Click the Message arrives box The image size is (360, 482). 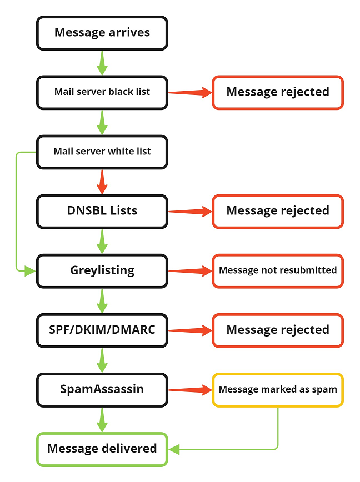click(102, 32)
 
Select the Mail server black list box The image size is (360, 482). click(102, 92)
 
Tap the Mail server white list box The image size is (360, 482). click(102, 151)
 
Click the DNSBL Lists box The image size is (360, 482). click(102, 210)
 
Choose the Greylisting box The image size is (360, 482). click(102, 270)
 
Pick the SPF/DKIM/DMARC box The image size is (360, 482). click(102, 330)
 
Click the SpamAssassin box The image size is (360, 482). click(102, 389)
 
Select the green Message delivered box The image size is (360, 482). click(102, 449)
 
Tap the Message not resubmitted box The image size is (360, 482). click(278, 270)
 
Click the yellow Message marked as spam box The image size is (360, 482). click(278, 389)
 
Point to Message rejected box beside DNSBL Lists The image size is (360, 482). click(278, 210)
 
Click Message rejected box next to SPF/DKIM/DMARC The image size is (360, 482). click(278, 330)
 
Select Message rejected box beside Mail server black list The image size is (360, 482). click(278, 92)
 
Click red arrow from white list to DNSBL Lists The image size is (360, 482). click(102, 181)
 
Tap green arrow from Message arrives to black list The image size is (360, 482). click(102, 62)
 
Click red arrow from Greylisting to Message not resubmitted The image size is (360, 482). click(190, 270)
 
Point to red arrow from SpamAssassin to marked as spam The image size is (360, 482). click(190, 390)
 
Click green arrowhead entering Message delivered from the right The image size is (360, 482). click(174, 449)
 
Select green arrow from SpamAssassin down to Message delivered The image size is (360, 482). click(102, 419)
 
